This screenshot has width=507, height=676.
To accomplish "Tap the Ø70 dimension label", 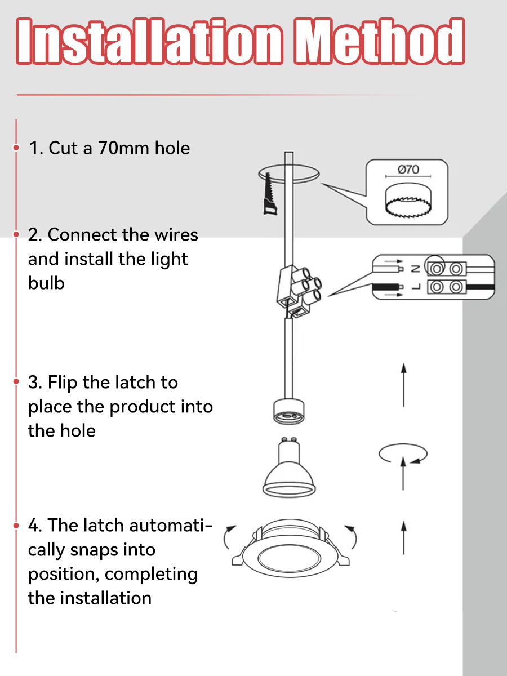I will click(408, 170).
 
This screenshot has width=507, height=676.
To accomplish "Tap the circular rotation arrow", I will click(403, 453).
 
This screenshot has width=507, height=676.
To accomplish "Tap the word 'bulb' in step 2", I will click(46, 283).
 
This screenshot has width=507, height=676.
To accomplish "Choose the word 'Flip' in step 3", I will click(63, 383).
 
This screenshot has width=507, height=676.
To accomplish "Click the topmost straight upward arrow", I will click(403, 385).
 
